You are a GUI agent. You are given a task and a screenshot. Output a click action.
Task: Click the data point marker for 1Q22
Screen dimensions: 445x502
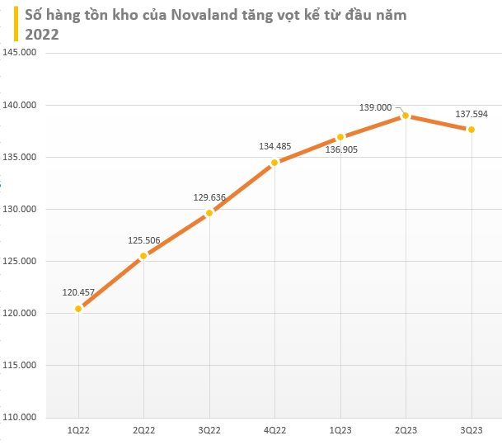point(78,309)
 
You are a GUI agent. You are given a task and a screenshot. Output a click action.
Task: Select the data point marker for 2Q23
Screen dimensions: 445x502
point(406,116)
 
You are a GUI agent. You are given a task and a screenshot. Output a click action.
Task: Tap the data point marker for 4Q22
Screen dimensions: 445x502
point(274,163)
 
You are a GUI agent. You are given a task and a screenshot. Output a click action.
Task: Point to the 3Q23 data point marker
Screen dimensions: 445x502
point(471,130)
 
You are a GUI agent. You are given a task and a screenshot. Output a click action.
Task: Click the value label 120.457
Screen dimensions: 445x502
point(79,292)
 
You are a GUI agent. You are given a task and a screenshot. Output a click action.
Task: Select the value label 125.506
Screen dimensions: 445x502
point(144,240)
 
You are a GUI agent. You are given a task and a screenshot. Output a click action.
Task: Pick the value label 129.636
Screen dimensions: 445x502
point(209,197)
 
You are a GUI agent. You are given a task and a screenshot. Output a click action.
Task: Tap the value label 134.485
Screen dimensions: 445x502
point(275,146)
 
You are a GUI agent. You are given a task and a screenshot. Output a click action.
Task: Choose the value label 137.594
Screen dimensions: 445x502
point(471,114)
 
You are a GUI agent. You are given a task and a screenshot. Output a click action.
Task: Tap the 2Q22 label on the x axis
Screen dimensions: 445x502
point(144,431)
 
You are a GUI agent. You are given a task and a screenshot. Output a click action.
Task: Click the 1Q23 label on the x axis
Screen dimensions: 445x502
point(340,431)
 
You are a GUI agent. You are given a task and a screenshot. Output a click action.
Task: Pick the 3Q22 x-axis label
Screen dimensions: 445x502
point(209,431)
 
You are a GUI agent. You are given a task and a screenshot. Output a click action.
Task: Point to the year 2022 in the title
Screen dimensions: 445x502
point(42,34)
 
